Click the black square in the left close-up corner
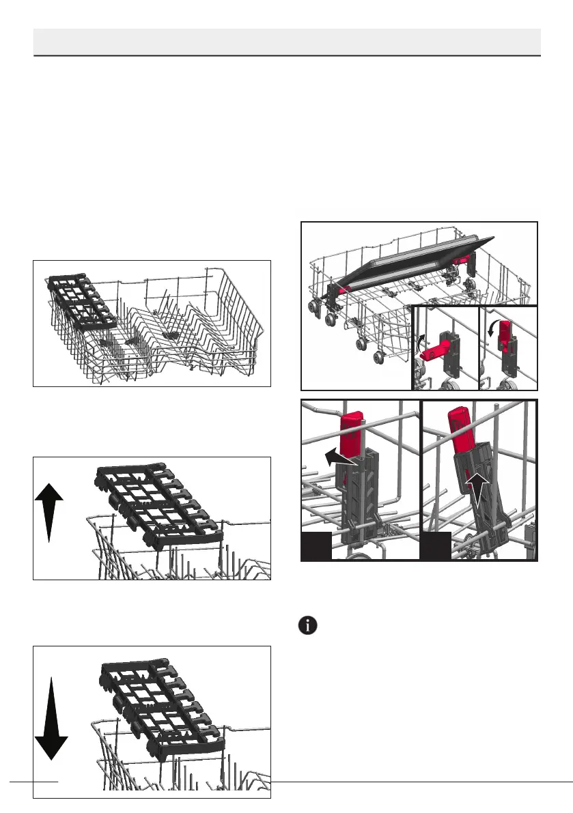click(x=316, y=547)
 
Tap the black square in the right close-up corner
click(x=435, y=547)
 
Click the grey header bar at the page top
click(x=287, y=41)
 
